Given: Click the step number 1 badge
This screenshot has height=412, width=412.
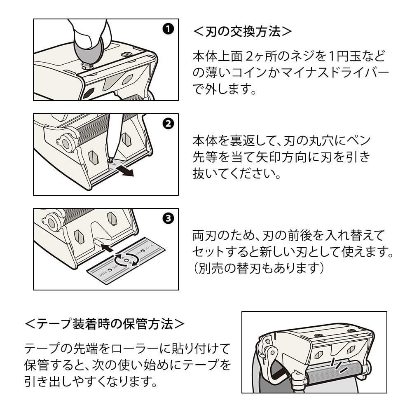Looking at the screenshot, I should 168,29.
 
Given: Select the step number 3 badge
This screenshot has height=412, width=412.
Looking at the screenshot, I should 168,218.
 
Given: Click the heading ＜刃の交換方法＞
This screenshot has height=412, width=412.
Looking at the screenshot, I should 243,32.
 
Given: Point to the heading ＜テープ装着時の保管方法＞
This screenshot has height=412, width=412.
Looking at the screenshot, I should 105,324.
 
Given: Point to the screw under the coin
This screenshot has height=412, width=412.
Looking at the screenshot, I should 87,65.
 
